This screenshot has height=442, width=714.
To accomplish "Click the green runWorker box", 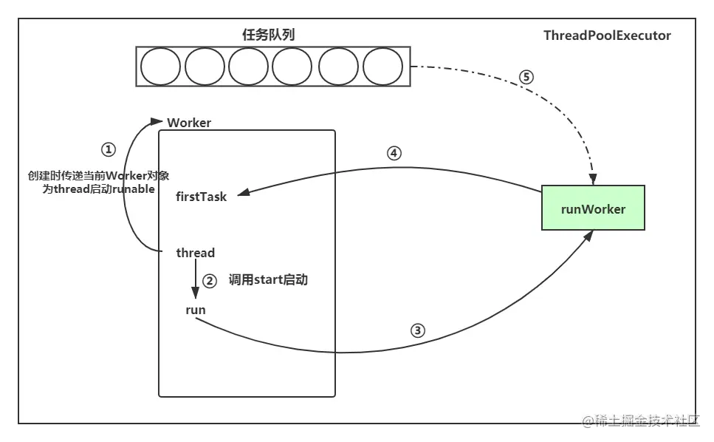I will pyautogui.click(x=593, y=208).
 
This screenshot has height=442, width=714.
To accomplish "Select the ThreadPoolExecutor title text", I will pyautogui.click(x=607, y=35).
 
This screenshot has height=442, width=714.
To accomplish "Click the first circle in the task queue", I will pyautogui.click(x=160, y=67).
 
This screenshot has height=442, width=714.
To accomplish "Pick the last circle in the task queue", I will pyautogui.click(x=382, y=67).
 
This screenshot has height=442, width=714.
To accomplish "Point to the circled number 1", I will pyautogui.click(x=109, y=150).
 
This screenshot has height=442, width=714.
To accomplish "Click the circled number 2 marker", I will pyautogui.click(x=210, y=281).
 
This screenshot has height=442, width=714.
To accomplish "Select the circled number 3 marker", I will pyautogui.click(x=418, y=330).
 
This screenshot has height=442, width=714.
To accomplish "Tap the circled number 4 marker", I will pyautogui.click(x=394, y=154).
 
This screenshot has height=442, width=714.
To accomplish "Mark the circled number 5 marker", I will pyautogui.click(x=526, y=77).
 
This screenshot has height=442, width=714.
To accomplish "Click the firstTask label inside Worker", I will pyautogui.click(x=202, y=197).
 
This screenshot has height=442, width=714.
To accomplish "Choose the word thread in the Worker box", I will pyautogui.click(x=196, y=253).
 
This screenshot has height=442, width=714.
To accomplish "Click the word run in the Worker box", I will pyautogui.click(x=196, y=310).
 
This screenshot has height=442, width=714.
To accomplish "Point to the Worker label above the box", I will pyautogui.click(x=189, y=123).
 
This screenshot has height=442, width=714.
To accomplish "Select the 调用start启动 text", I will pyautogui.click(x=268, y=280).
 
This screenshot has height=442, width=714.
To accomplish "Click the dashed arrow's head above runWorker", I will pyautogui.click(x=593, y=180).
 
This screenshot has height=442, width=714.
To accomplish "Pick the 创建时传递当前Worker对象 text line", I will pyautogui.click(x=98, y=175).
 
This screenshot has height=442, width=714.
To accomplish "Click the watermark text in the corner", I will pyautogui.click(x=642, y=421).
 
